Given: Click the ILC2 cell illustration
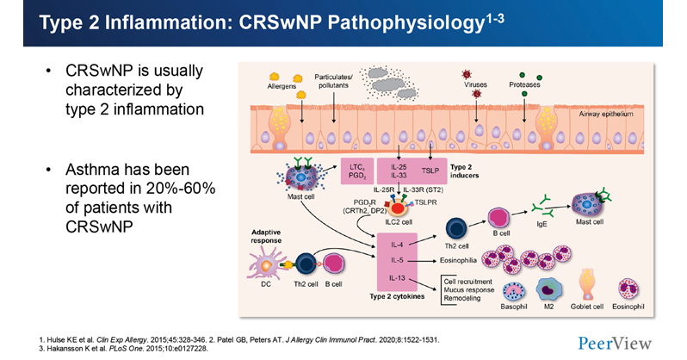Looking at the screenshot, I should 399,206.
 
